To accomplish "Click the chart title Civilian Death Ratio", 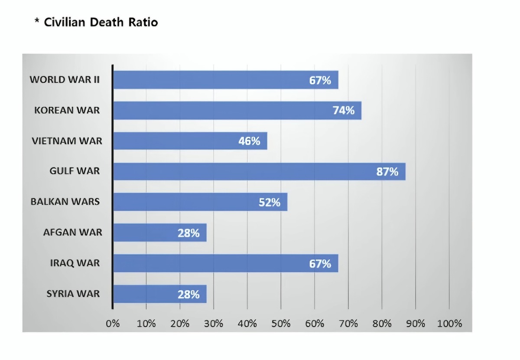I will click(101, 23).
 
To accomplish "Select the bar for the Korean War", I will click(237, 111).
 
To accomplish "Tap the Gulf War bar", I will click(259, 171).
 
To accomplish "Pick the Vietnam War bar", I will click(190, 141).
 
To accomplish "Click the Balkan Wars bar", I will click(200, 202).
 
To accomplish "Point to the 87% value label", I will click(387, 172).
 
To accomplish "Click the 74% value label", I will click(344, 111).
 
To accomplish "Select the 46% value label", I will click(249, 141).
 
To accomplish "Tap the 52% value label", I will click(270, 202).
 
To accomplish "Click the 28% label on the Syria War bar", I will click(188, 295).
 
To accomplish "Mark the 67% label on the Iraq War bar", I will click(320, 263).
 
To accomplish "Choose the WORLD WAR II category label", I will click(65, 80).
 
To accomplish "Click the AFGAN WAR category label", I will click(73, 232).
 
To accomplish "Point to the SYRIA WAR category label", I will click(73, 294).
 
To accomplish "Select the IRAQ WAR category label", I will click(75, 263).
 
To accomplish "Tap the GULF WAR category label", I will click(75, 171).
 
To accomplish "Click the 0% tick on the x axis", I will click(113, 324).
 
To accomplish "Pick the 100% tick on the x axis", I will click(449, 324).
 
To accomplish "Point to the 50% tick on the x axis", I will click(281, 324).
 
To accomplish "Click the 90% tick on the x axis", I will click(416, 324).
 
